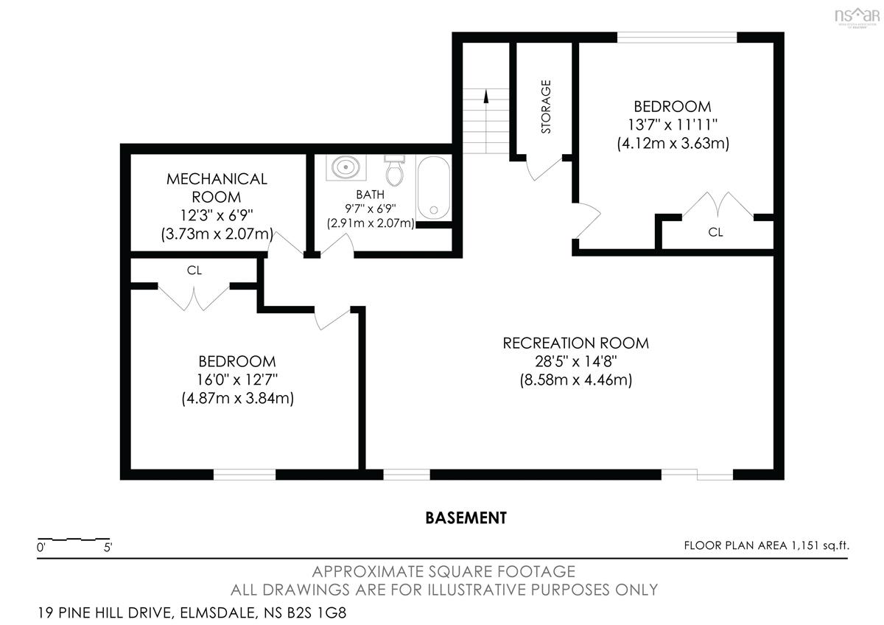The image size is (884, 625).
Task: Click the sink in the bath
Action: tap(345, 167)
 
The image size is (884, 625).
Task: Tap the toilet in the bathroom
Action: tap(395, 171)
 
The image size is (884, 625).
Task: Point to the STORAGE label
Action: tap(546, 107)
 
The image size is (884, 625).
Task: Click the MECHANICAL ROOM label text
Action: tap(217, 188)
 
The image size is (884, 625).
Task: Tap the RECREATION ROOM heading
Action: tap(575, 343)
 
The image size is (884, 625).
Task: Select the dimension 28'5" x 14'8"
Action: tap(576, 361)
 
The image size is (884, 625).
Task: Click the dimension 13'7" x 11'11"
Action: tap(673, 125)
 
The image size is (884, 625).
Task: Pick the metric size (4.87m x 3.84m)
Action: tap(237, 398)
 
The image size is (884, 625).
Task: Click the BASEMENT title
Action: tap(466, 518)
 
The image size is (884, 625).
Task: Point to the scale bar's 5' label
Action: tap(108, 548)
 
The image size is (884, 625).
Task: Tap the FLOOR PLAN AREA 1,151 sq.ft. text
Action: tap(766, 545)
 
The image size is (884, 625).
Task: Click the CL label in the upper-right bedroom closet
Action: tap(715, 232)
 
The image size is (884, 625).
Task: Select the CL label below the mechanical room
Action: tap(194, 270)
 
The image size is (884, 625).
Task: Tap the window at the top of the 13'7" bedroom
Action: tap(677, 37)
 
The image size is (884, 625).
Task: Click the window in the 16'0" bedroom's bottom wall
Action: tap(245, 475)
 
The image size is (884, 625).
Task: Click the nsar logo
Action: tap(857, 16)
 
